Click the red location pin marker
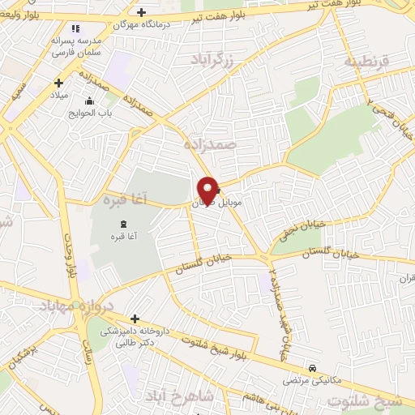pos(207,189)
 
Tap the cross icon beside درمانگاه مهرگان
pos(142,11)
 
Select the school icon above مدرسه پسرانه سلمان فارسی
pos(75,29)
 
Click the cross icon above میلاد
pos(58,83)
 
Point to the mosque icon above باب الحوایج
pos(88,101)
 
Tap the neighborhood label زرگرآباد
pos(212,58)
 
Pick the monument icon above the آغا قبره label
pos(122,223)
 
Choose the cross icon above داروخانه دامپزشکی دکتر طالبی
pos(134,319)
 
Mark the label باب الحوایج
pos(88,113)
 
